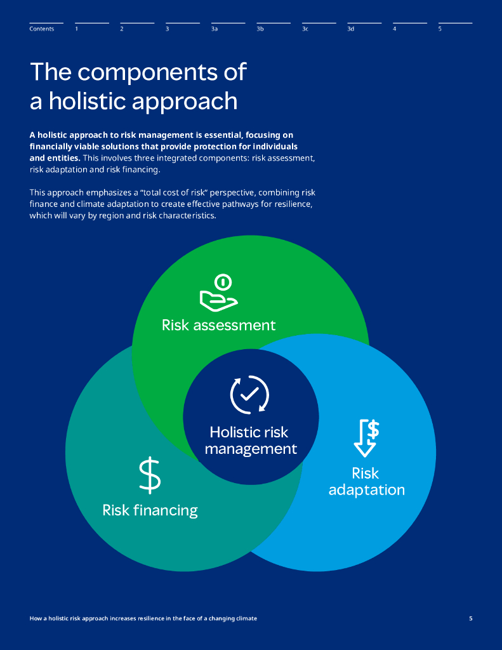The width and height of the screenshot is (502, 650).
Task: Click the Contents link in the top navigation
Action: (x=42, y=29)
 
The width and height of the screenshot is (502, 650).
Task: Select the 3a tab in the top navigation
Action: (x=215, y=29)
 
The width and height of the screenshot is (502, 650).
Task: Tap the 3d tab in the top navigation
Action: (x=350, y=29)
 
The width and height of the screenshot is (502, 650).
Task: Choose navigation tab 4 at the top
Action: (x=395, y=29)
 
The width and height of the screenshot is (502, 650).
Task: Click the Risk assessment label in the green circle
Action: (x=218, y=326)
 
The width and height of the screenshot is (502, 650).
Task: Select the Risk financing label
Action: (x=150, y=510)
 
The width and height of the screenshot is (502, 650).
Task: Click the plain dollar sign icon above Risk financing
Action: (x=150, y=476)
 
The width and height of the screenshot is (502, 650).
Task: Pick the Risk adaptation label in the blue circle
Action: (x=366, y=482)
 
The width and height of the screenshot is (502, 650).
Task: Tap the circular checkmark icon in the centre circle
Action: (x=249, y=394)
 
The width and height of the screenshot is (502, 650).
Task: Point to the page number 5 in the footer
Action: (x=470, y=618)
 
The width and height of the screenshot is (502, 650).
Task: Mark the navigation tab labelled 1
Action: (x=77, y=29)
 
